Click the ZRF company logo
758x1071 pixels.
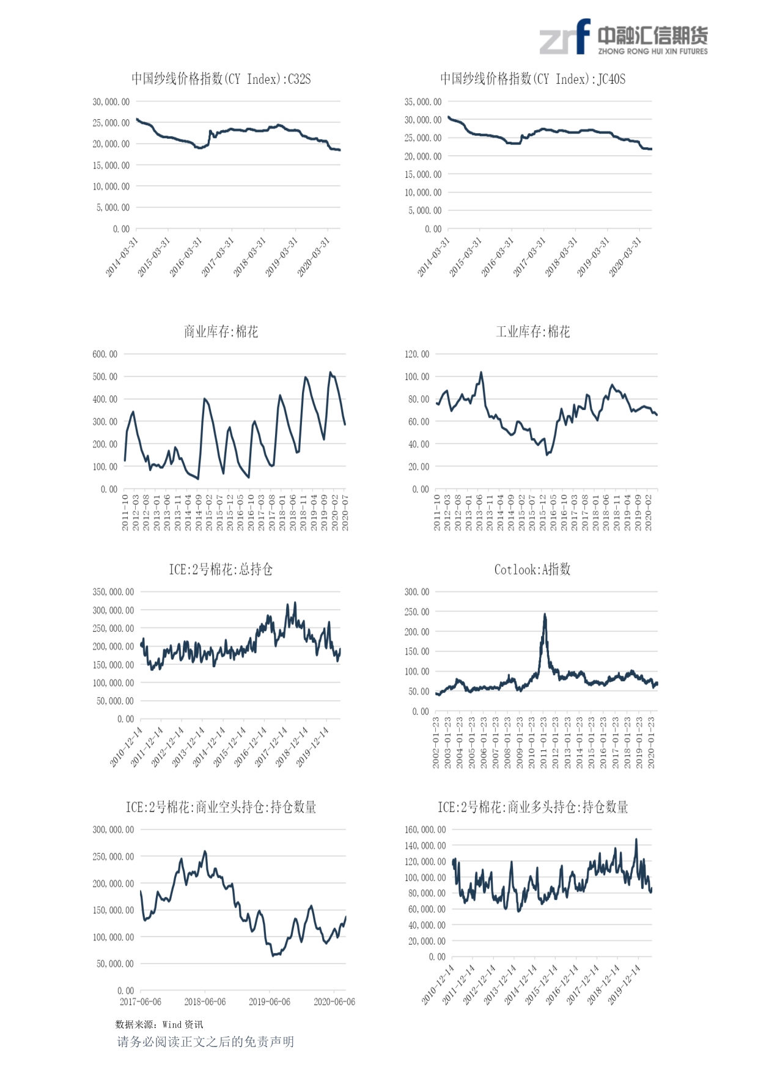[623, 38]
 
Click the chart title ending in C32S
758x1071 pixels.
[221, 79]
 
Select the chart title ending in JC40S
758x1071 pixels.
[532, 79]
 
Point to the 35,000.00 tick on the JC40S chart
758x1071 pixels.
[422, 102]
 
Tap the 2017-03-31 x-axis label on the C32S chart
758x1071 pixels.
[218, 257]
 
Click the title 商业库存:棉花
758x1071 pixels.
[221, 332]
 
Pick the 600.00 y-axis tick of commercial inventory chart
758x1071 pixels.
[105, 354]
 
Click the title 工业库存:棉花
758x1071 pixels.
[532, 332]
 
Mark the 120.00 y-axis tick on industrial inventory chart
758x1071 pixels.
[417, 354]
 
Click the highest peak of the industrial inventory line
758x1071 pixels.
[481, 372]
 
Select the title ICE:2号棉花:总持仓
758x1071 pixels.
[221, 569]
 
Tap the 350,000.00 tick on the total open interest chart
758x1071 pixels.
[113, 592]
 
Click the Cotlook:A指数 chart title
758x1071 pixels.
[532, 569]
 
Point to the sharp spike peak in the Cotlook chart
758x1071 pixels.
[545, 615]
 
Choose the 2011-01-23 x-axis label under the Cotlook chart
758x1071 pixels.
[543, 742]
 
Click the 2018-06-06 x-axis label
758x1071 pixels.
[205, 1002]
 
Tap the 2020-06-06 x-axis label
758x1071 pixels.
[334, 1002]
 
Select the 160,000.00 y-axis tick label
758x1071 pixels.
[425, 830]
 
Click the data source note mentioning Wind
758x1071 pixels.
[159, 1025]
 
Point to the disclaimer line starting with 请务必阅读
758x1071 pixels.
[205, 1042]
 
